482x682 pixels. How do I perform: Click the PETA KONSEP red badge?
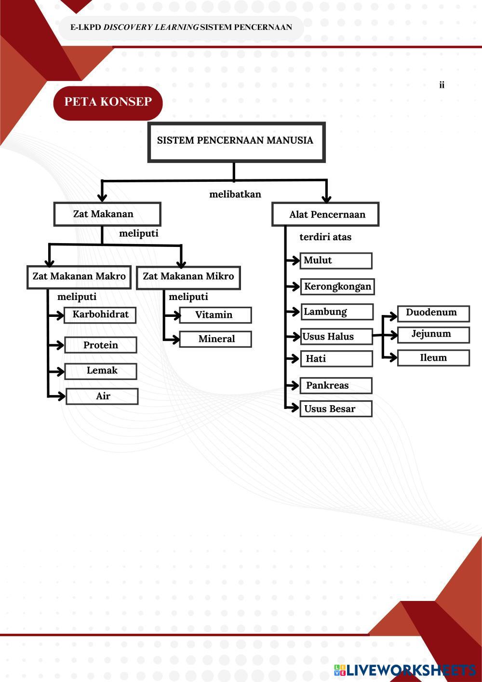pyautogui.click(x=108, y=102)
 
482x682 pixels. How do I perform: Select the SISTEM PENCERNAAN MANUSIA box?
pyautogui.click(x=236, y=141)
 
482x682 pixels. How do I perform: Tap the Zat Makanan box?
pyautogui.click(x=107, y=214)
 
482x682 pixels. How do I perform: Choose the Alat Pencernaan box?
pyautogui.click(x=325, y=215)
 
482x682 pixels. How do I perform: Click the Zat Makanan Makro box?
pyautogui.click(x=79, y=277)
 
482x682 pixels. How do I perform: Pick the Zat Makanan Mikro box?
pyautogui.click(x=188, y=277)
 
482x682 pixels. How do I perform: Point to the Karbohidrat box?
pyautogui.click(x=100, y=315)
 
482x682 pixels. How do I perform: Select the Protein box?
pyautogui.click(x=101, y=345)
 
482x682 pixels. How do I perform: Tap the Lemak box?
pyautogui.click(x=101, y=371)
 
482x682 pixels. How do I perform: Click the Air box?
pyautogui.click(x=102, y=396)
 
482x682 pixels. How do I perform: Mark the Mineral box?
pyautogui.click(x=215, y=339)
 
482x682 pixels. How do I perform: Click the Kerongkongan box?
pyautogui.click(x=337, y=286)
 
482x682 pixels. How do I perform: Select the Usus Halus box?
pyautogui.click(x=336, y=337)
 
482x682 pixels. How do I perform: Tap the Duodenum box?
pyautogui.click(x=433, y=313)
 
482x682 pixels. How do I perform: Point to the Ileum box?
pyautogui.click(x=433, y=358)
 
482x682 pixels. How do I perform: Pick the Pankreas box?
pyautogui.click(x=336, y=385)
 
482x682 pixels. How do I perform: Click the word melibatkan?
pyautogui.click(x=235, y=194)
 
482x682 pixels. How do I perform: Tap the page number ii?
pyautogui.click(x=442, y=85)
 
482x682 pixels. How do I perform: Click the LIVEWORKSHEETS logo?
pyautogui.click(x=405, y=670)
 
